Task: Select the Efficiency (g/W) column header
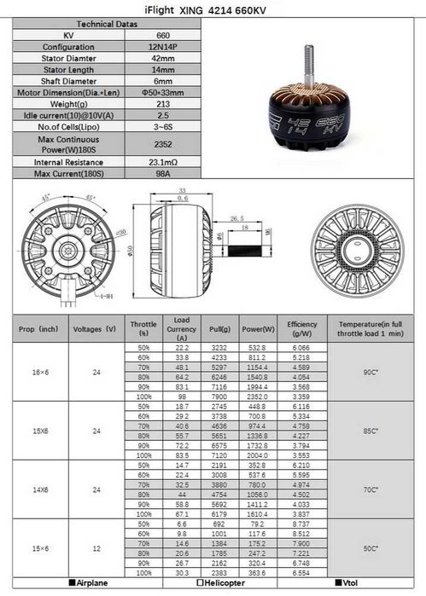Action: pyautogui.click(x=302, y=328)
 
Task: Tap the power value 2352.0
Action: pyautogui.click(x=258, y=396)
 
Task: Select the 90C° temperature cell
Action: pyautogui.click(x=371, y=372)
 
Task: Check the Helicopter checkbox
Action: pyautogui.click(x=200, y=584)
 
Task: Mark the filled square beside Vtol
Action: pyautogui.click(x=336, y=584)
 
